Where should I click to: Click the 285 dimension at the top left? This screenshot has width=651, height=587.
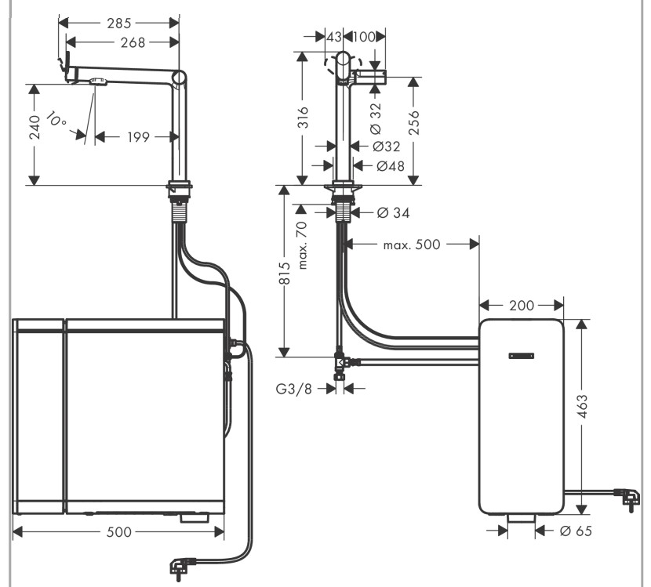(x=119, y=23)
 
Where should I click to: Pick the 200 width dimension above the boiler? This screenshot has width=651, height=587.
(x=521, y=305)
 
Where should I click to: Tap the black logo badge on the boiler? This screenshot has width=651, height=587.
(x=520, y=355)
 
